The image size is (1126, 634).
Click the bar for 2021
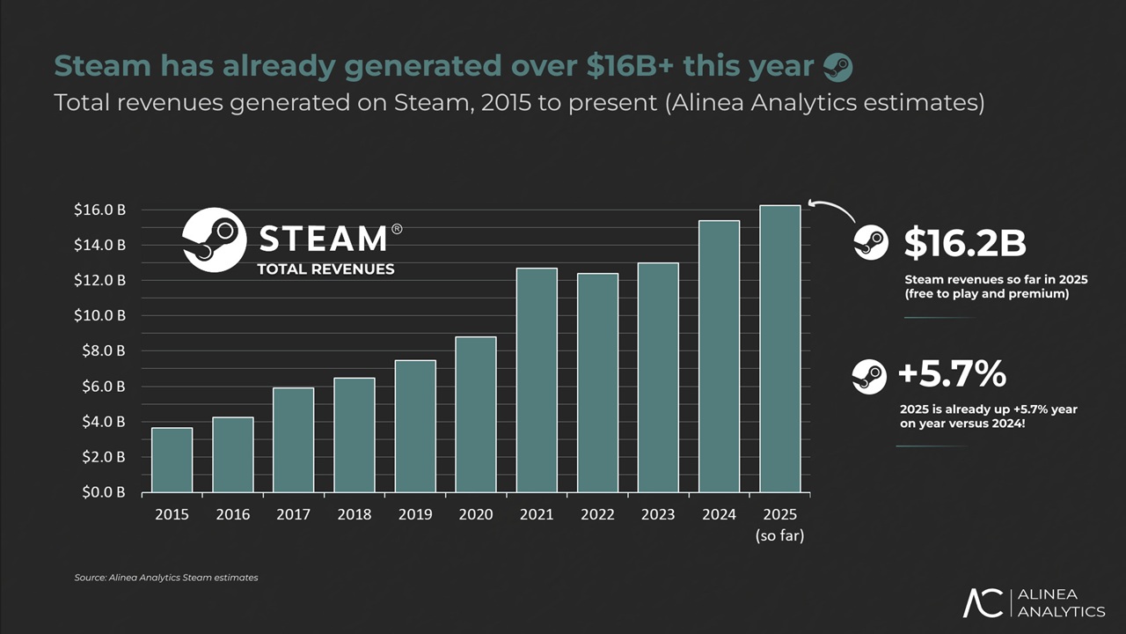(537, 380)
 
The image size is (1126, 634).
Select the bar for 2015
(172, 460)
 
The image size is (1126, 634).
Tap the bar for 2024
(719, 356)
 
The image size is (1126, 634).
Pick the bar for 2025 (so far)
(780, 349)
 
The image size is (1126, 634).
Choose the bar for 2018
(355, 435)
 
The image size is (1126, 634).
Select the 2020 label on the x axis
(475, 514)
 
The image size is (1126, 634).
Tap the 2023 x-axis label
(658, 514)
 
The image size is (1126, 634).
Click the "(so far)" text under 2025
(779, 535)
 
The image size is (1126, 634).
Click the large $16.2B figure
(965, 244)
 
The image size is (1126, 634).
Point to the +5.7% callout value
(952, 375)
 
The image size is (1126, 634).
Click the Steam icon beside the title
(837, 66)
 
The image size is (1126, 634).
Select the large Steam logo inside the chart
(214, 240)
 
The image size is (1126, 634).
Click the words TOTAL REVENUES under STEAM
(325, 269)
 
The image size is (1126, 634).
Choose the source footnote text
(166, 578)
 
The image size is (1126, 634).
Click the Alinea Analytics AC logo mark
(983, 602)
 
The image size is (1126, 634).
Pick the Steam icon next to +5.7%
(869, 376)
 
